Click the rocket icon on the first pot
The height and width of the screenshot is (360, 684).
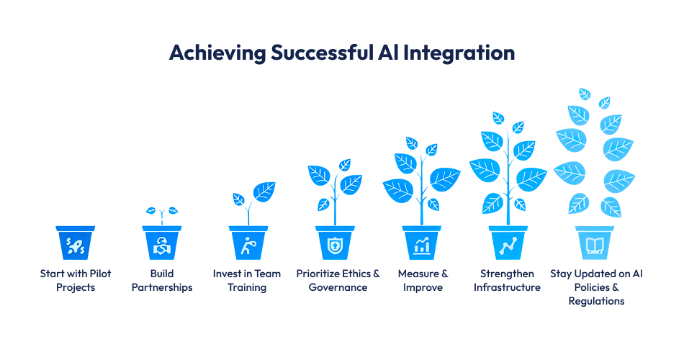tap(76, 246)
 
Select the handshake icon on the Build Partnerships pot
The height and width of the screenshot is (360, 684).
tap(162, 246)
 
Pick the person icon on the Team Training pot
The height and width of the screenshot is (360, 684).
tap(248, 246)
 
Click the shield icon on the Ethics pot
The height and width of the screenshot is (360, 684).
tap(335, 246)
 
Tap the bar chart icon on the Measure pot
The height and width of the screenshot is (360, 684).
tap(421, 246)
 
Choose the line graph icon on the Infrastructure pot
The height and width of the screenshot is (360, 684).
tap(508, 246)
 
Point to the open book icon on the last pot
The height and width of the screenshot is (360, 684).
tap(595, 246)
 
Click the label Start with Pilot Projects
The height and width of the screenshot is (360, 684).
tap(76, 280)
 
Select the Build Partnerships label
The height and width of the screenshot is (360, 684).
tap(162, 280)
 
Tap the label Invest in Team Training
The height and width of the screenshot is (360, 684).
tap(248, 280)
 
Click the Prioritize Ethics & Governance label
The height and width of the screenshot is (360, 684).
tap(338, 280)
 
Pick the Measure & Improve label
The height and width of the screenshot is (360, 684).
tap(423, 280)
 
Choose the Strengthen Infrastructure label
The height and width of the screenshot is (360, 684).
tap(507, 280)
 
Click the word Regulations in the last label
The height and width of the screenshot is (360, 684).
tap(595, 301)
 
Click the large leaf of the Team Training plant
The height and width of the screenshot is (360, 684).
tap(264, 192)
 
